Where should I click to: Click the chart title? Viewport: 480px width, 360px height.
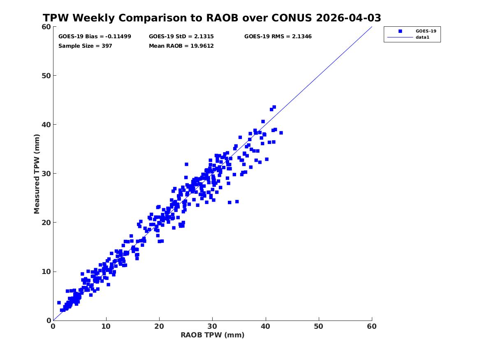tap(212, 18)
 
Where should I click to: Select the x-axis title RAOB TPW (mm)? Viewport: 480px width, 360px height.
tap(213, 335)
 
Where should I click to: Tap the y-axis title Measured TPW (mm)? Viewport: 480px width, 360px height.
tap(37, 174)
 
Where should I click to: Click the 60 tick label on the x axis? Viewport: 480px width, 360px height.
tap(372, 326)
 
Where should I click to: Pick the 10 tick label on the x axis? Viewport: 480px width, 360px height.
tap(106, 326)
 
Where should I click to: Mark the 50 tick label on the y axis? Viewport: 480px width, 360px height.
tap(46, 76)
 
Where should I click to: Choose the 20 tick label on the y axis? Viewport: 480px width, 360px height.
tap(46, 223)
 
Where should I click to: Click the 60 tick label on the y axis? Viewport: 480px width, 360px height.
tap(46, 27)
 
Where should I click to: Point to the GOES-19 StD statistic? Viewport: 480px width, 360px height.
tap(181, 37)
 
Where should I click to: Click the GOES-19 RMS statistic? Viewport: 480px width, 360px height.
tap(278, 37)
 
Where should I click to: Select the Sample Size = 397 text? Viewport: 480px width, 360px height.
tap(85, 46)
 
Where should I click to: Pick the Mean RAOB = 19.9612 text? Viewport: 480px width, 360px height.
tap(181, 46)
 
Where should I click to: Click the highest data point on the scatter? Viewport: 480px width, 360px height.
tap(274, 107)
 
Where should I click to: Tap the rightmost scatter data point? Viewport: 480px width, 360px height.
tap(281, 133)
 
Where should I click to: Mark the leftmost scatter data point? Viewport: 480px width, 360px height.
tap(59, 303)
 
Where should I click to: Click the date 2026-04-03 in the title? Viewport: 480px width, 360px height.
tap(348, 18)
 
